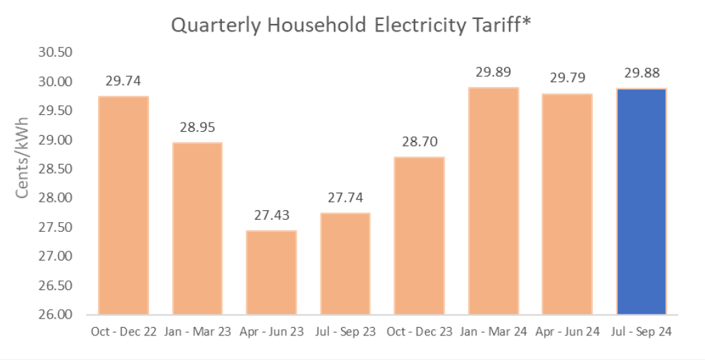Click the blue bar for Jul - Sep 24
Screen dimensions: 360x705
coord(641,201)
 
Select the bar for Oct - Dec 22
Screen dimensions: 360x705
coord(123,205)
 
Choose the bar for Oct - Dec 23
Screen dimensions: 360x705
coord(419,235)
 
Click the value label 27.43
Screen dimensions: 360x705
coord(271,215)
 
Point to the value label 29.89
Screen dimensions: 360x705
coord(493,72)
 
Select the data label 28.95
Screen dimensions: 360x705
coord(197,127)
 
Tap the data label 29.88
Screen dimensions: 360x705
coord(641,74)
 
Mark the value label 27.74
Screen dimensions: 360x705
coord(345,198)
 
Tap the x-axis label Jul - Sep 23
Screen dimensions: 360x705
coord(345,332)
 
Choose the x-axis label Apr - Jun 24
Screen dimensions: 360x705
coord(567,332)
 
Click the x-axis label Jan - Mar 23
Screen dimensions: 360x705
coord(197,332)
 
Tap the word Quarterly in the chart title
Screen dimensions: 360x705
coord(214,25)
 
